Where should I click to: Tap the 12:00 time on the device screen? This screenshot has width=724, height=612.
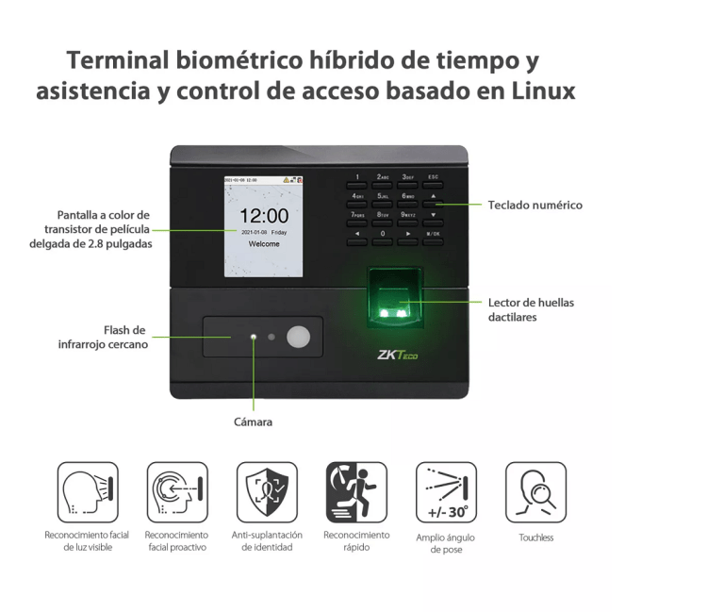264,215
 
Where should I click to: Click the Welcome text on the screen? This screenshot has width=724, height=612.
264,243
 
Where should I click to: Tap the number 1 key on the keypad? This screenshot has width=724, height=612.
357,177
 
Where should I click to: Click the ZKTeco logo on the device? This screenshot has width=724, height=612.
396,356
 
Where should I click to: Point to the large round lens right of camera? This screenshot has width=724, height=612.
298,337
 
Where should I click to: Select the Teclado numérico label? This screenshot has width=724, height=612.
535,205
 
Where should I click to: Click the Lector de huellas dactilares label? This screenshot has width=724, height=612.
531,310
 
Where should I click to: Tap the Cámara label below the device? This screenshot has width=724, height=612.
253,422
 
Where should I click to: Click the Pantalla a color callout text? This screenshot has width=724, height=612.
90,229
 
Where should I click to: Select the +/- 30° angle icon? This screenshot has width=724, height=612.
446,492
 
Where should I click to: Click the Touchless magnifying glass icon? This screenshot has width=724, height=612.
535,492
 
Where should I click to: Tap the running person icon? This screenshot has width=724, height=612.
356,492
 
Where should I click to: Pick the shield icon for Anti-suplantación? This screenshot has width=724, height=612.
267,492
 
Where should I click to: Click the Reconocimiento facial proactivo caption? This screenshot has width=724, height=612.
176,541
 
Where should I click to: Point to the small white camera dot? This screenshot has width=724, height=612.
253,337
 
